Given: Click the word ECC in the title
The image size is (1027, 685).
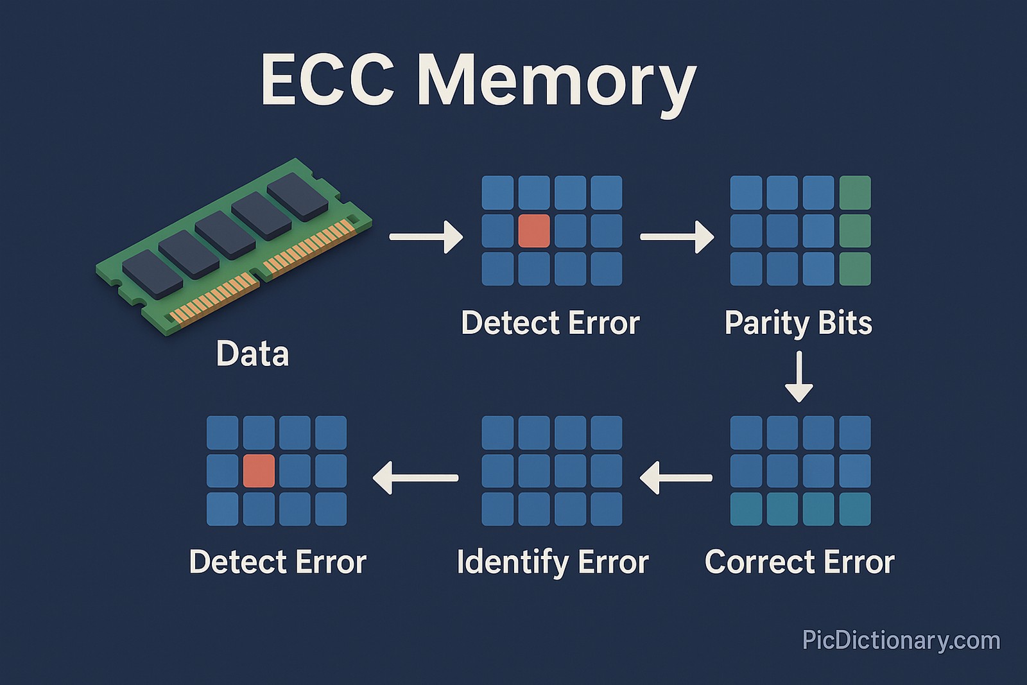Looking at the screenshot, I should click(x=327, y=80).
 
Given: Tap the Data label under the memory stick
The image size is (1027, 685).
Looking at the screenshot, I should click(x=252, y=354).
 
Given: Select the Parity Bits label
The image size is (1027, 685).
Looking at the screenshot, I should click(x=798, y=323).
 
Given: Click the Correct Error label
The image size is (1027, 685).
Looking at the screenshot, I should click(x=799, y=562).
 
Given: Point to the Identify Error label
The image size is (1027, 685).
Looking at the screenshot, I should click(x=553, y=562).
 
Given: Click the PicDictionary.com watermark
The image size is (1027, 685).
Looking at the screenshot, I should click(x=901, y=641).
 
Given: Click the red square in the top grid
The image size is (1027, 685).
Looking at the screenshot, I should click(x=534, y=230).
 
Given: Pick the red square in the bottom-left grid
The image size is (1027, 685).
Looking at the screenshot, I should click(x=259, y=471).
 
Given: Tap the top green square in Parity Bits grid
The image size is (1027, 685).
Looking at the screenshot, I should click(x=855, y=193).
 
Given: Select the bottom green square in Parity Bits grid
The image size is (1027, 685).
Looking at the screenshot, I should click(x=855, y=268).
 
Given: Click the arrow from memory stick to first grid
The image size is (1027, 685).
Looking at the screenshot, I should click(x=426, y=236).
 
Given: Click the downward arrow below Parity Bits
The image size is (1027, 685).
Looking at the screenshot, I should click(x=798, y=377).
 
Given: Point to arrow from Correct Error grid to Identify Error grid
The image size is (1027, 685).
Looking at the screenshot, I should click(x=676, y=478).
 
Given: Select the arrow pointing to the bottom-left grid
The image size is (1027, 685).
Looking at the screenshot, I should click(x=415, y=478).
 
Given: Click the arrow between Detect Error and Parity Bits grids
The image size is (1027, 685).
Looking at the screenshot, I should click(x=677, y=236).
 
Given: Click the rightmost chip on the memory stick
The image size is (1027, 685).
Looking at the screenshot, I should click(x=297, y=196).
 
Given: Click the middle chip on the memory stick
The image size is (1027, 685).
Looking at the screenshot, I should click(x=225, y=235).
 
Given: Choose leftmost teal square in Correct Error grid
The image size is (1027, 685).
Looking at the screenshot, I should click(x=746, y=509).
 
